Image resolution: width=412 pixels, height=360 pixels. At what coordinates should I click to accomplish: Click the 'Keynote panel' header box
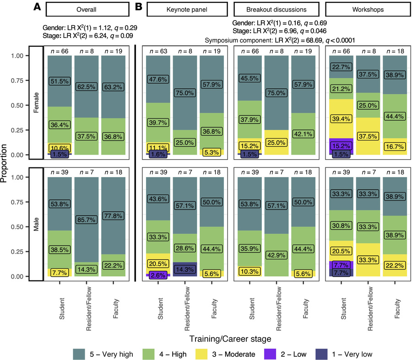185,10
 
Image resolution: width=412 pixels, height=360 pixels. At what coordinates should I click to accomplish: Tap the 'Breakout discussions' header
276,10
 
